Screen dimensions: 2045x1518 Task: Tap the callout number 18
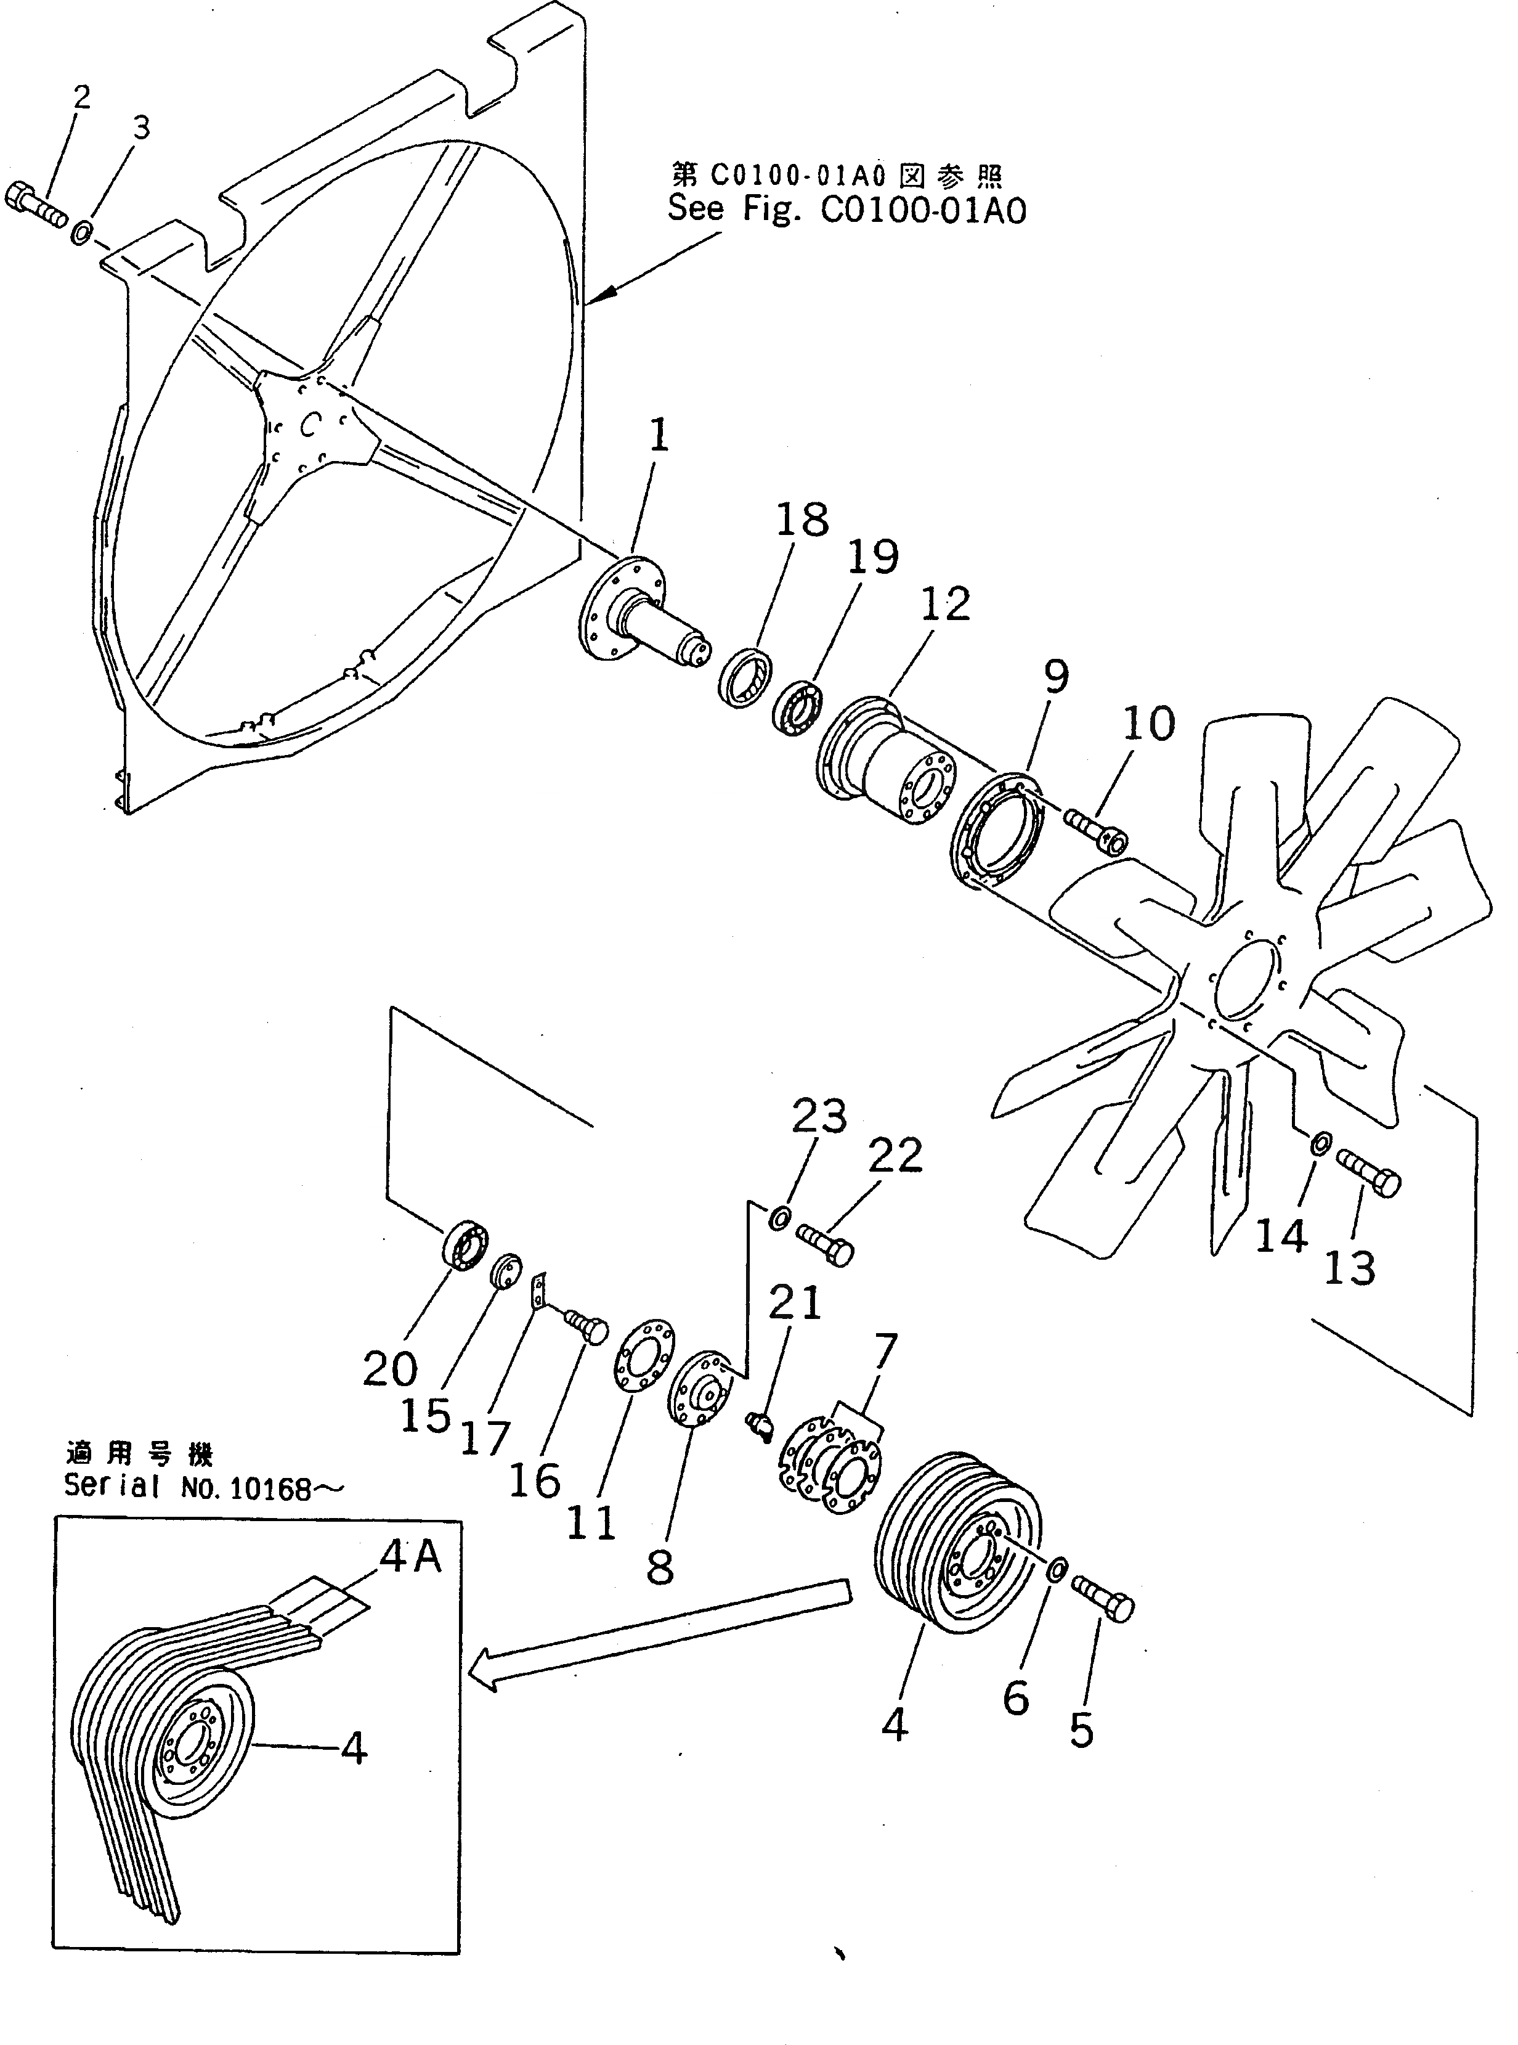click(x=802, y=520)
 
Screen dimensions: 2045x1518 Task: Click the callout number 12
click(x=944, y=604)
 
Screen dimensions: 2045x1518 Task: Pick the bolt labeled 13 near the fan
click(x=1368, y=1173)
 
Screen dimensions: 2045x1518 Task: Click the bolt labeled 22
click(x=824, y=1244)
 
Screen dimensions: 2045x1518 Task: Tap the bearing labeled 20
click(x=465, y=1246)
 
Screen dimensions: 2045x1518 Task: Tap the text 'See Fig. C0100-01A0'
click(x=845, y=210)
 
